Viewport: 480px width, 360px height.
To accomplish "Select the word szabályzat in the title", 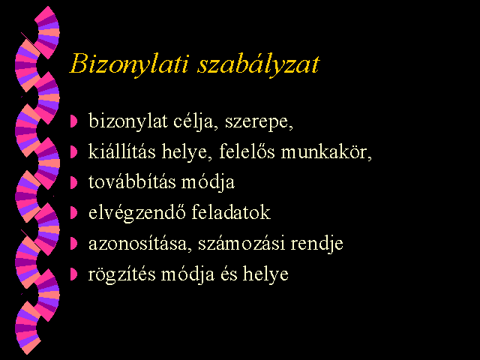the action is point(259,64).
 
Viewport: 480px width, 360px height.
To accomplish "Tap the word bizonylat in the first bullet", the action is point(128,121).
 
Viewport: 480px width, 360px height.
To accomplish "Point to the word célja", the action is point(196,121).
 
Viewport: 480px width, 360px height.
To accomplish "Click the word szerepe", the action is point(259,122).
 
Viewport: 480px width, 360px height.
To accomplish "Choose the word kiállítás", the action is point(121,151).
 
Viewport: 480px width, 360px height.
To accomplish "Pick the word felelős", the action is point(247,151).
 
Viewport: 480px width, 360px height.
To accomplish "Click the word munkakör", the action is point(326,151).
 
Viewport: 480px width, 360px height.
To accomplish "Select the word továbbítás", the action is point(132,181).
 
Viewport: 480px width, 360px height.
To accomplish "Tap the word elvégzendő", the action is point(136,213).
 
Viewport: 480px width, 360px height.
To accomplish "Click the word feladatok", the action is point(231,212).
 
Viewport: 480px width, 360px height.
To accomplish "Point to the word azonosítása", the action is point(140,244).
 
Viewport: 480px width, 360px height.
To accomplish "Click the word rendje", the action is point(316,244).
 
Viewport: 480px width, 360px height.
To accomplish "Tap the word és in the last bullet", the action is point(229,274).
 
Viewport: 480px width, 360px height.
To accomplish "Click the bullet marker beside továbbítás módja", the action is point(73,182).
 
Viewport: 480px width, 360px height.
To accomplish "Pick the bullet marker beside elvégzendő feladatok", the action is point(73,213).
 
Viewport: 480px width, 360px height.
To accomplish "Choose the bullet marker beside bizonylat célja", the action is point(73,121).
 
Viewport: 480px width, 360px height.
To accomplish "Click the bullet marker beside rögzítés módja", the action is point(73,274).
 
